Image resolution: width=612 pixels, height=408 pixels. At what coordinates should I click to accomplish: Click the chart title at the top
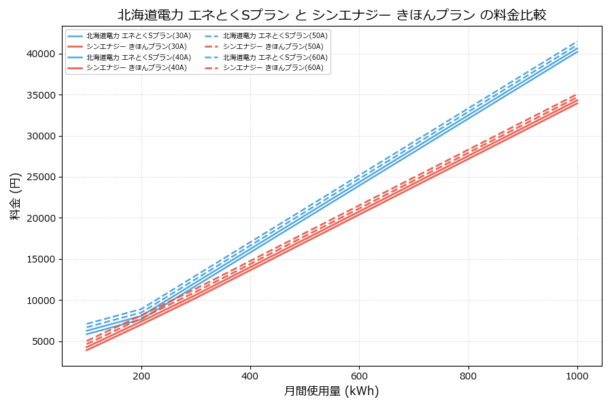(332, 15)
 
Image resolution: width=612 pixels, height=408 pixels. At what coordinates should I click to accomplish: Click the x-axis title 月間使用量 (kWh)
(332, 391)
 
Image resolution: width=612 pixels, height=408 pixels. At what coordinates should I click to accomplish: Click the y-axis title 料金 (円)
(15, 196)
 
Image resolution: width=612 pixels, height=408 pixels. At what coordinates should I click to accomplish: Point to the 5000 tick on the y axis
(41, 341)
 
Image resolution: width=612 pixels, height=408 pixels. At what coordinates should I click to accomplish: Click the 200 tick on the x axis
(141, 375)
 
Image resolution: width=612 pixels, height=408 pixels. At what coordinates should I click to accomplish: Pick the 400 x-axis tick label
(250, 375)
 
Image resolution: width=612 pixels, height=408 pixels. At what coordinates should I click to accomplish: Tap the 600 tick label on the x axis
(359, 375)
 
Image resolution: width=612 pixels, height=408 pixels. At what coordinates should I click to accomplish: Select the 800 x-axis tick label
(469, 375)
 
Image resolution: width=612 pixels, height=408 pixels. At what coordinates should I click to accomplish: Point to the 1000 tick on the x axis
(577, 375)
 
